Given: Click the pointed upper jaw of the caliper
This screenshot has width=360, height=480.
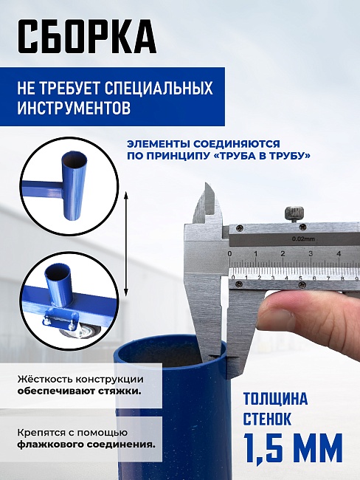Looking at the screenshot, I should [x=207, y=203].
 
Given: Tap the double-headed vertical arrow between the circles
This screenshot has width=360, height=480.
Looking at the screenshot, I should [x=127, y=244].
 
